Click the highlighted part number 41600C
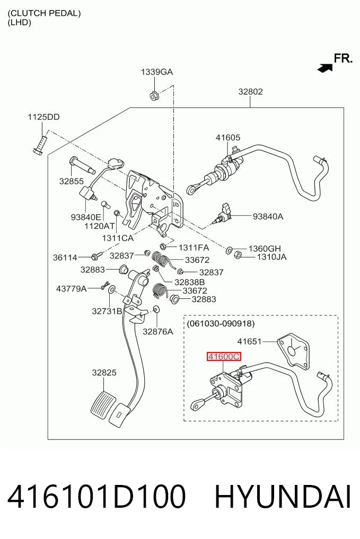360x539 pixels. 224,357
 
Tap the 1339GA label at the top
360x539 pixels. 157,72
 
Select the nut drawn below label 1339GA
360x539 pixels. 154,95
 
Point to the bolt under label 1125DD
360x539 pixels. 40,144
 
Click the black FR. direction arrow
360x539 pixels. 325,68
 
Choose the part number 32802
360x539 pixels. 250,92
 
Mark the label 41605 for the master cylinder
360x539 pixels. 228,137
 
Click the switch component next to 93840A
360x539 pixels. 223,214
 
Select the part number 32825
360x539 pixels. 104,373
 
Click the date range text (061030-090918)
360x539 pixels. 221,323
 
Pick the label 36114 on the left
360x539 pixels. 65,257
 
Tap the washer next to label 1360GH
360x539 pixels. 229,250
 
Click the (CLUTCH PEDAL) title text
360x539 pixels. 45,13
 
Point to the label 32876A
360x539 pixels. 158,331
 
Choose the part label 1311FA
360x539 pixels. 194,247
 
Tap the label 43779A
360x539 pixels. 71,288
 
